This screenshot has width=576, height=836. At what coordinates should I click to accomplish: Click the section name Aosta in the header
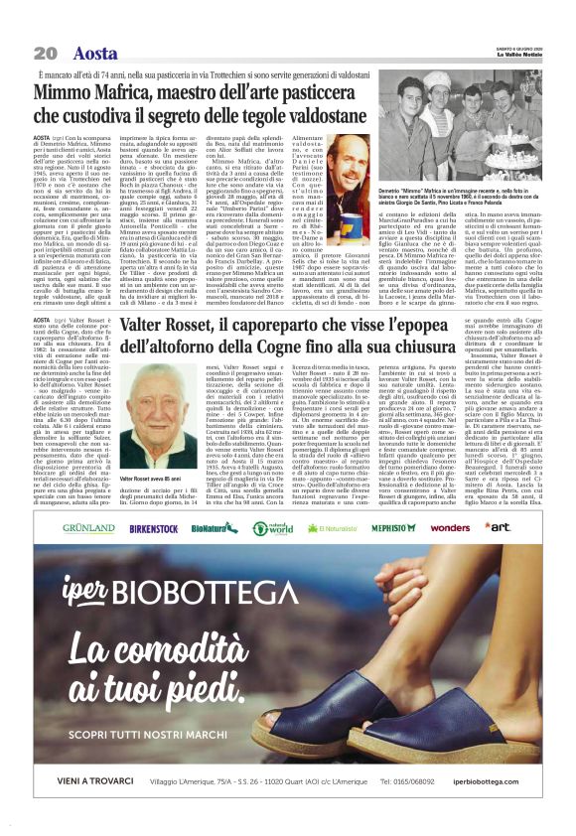(x=94, y=53)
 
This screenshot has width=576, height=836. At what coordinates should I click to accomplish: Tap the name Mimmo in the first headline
(x=64, y=93)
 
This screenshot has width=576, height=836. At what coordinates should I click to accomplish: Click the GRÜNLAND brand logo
(x=88, y=527)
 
